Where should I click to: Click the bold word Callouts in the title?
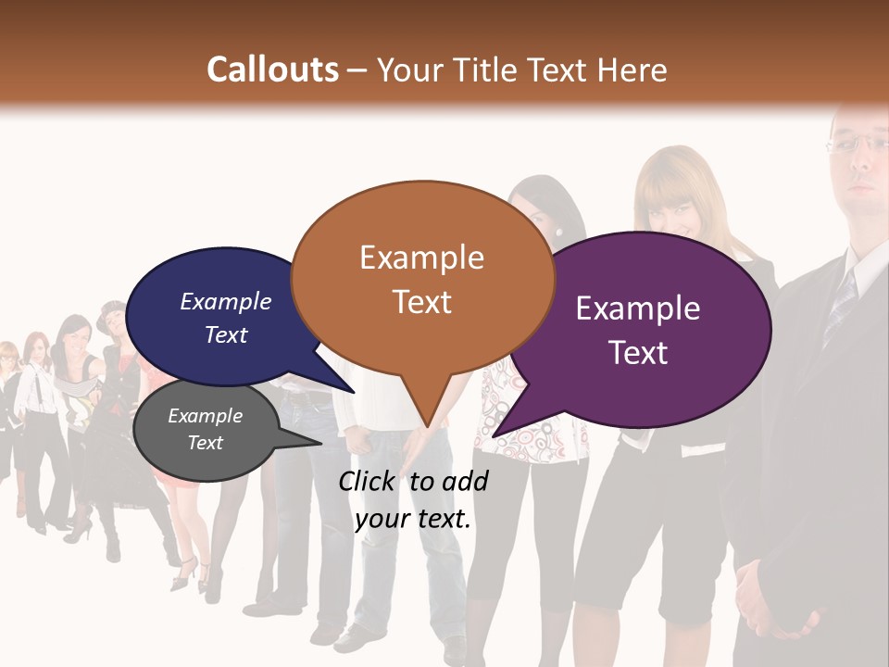click(272, 69)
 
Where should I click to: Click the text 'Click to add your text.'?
click(413, 499)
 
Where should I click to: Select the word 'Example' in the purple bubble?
click(638, 308)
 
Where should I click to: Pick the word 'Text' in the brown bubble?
click(422, 301)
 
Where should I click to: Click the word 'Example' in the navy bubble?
click(226, 301)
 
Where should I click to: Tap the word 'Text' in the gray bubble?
click(206, 443)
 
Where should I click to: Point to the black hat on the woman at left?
click(110, 308)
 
